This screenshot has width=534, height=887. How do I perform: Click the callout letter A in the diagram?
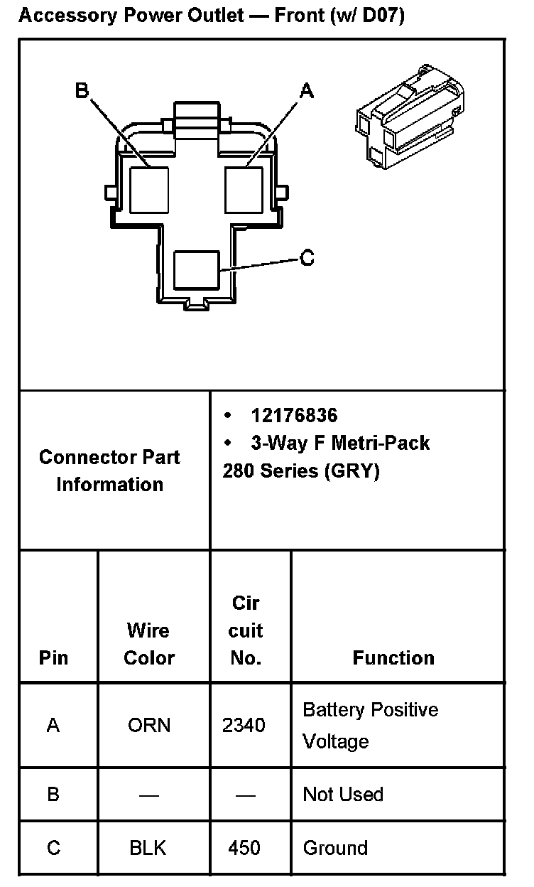(307, 90)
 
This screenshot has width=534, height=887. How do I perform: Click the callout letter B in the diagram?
(82, 90)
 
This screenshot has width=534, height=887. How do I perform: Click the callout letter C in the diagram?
(307, 257)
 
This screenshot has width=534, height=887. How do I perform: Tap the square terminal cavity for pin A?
(244, 189)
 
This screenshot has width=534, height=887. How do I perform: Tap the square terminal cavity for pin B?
(149, 189)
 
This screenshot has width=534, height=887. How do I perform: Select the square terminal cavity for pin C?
(196, 270)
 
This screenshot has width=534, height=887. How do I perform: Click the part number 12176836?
(294, 416)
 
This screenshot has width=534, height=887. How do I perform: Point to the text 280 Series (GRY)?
(301, 471)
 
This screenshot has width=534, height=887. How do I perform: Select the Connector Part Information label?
(109, 471)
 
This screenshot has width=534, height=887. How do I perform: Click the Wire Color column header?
(149, 644)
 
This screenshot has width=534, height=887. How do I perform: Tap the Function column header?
(393, 658)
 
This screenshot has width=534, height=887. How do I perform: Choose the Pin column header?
(53, 658)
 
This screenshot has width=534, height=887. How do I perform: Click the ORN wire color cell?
(149, 725)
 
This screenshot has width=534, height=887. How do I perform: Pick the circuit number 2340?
(244, 725)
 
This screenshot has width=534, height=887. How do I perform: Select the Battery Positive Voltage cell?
(370, 725)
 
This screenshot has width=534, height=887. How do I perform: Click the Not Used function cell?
(343, 794)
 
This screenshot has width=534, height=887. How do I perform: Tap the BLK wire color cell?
(148, 848)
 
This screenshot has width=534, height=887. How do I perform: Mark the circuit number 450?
(244, 848)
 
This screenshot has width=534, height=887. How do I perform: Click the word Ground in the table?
(335, 848)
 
